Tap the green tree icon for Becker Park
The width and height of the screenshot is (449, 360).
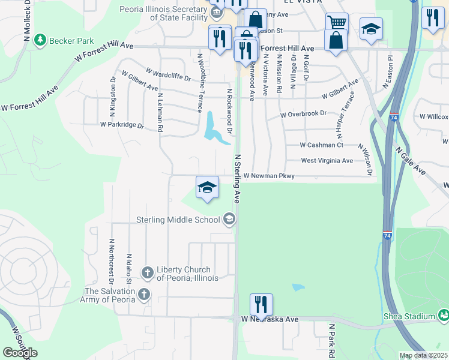click(x=41, y=40)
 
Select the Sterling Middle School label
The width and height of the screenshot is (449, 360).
click(x=179, y=220)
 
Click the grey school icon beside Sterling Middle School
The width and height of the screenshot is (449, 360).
click(x=228, y=220)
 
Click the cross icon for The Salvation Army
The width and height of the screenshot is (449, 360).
click(x=143, y=295)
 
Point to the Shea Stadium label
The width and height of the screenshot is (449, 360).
click(x=409, y=316)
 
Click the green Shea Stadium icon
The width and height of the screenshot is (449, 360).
click(x=443, y=314)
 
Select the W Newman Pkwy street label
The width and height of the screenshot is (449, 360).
click(x=269, y=176)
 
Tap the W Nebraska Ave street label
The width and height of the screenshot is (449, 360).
click(x=270, y=320)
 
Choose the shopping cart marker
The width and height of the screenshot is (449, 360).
click(x=337, y=23)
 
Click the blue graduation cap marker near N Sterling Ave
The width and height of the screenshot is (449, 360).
click(x=207, y=187)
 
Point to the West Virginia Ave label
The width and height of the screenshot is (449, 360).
click(x=327, y=161)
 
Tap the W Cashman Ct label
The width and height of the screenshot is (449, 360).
click(x=321, y=145)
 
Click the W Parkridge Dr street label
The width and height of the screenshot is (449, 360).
click(x=122, y=126)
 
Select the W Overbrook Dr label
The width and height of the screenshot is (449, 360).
click(x=303, y=113)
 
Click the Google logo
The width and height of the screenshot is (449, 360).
click(x=20, y=353)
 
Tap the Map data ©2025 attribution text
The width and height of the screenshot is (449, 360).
click(x=423, y=356)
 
